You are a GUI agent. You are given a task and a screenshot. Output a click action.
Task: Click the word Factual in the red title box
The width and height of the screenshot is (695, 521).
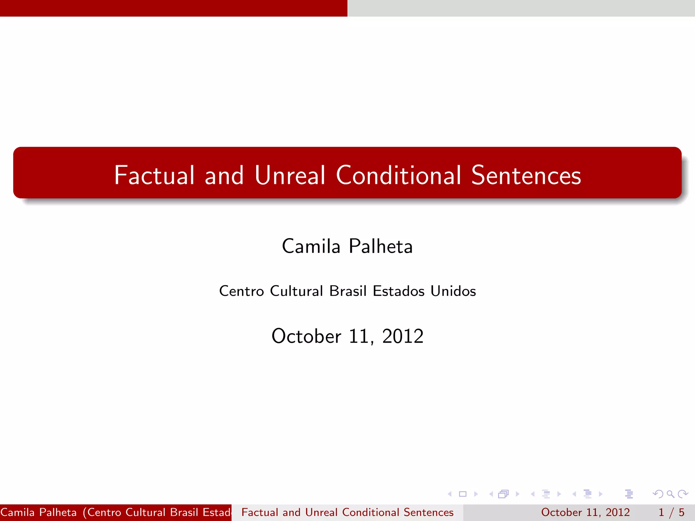[154, 175]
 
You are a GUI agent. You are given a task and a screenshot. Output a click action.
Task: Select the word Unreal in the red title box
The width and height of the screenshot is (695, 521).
[290, 175]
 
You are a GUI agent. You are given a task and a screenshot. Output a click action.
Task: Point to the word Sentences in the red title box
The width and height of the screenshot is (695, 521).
[526, 175]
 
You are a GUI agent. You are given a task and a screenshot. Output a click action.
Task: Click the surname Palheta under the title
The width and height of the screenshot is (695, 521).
[380, 246]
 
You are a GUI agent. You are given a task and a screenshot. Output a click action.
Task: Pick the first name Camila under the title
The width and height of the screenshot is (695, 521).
[311, 246]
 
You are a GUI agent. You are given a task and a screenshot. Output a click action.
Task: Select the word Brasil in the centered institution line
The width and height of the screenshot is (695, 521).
[348, 291]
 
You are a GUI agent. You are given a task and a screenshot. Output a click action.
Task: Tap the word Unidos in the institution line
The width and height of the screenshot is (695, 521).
[453, 291]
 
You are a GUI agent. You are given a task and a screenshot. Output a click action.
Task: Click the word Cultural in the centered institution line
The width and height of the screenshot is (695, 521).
[296, 291]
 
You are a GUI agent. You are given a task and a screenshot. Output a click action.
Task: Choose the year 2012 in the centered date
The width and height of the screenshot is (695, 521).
[403, 336]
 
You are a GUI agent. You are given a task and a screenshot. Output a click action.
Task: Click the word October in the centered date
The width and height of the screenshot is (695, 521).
[306, 336]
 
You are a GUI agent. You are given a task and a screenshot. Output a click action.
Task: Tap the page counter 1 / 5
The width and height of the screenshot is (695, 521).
[671, 512]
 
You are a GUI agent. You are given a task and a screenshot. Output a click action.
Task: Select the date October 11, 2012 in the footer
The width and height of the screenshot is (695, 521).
[585, 512]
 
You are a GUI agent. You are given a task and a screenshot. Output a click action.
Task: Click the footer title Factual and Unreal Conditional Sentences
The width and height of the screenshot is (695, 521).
[347, 512]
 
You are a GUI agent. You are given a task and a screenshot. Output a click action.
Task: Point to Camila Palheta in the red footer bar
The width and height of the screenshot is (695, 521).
[39, 512]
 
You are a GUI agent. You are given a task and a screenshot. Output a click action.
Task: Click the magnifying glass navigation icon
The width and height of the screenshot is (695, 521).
[670, 494]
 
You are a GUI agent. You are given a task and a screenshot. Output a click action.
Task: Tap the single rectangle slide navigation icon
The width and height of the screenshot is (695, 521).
[463, 494]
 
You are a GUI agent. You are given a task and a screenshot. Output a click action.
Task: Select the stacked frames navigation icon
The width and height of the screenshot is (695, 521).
[504, 494]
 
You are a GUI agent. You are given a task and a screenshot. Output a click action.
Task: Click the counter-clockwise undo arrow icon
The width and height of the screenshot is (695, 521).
[658, 494]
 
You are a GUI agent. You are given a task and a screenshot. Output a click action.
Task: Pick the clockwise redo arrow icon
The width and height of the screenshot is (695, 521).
[683, 494]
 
